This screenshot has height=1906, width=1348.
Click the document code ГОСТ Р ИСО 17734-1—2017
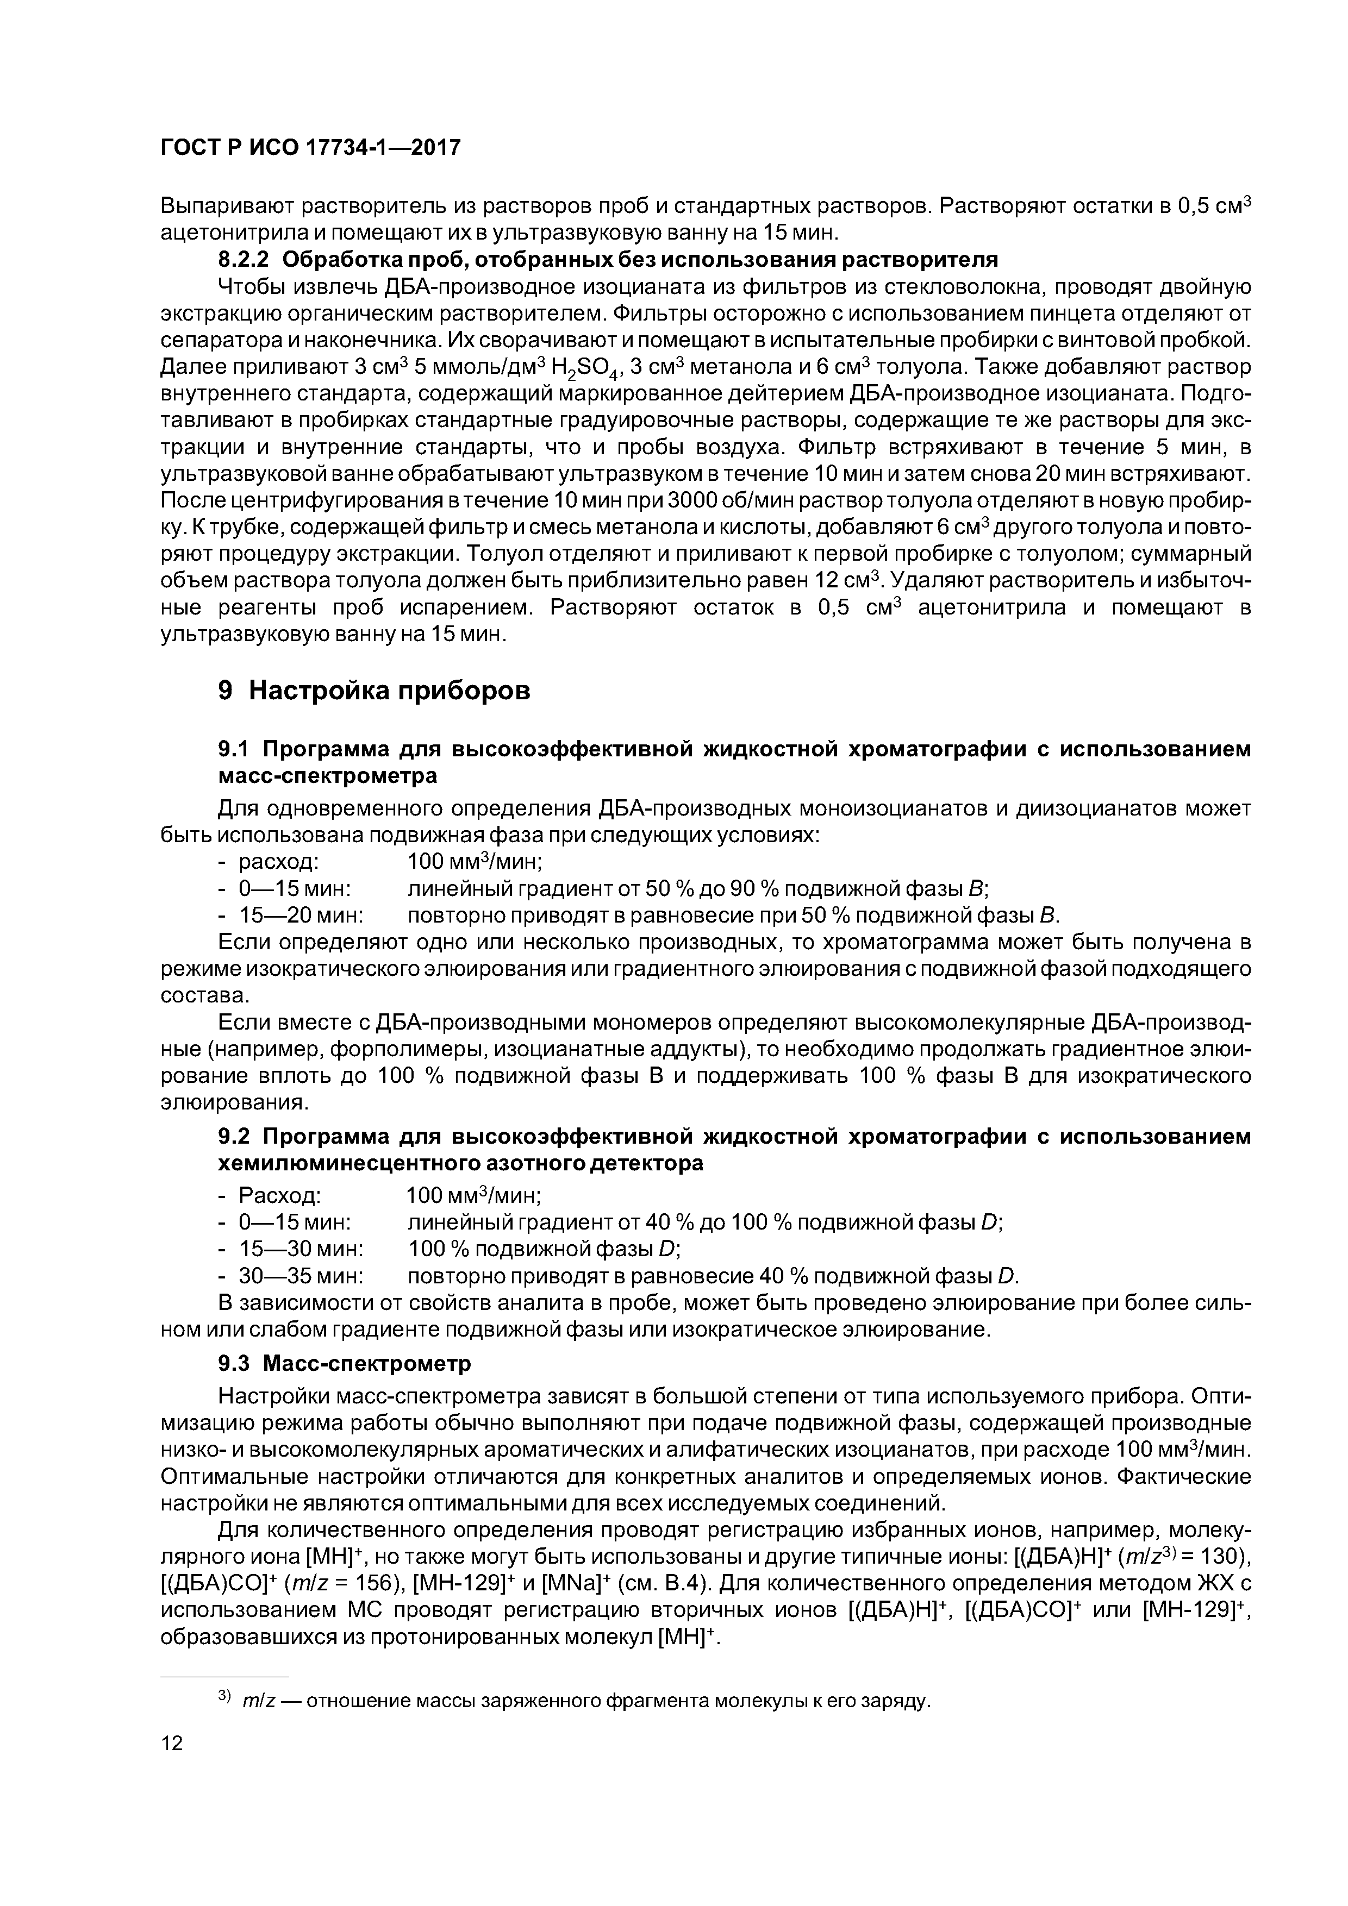tap(310, 148)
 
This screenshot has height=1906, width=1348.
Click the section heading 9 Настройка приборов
tap(374, 690)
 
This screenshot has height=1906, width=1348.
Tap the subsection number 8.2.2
tap(246, 259)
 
